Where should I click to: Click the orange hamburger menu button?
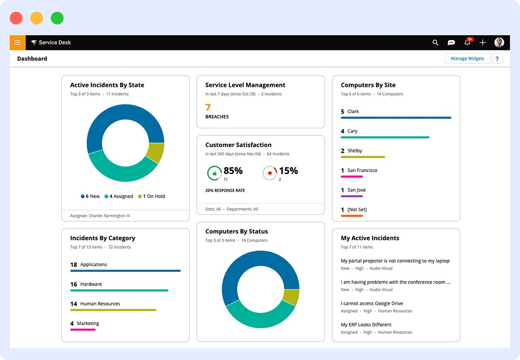point(17,43)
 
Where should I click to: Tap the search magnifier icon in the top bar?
point(435,43)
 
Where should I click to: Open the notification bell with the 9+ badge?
point(467,43)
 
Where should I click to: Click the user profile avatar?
point(499,43)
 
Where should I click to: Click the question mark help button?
point(497,59)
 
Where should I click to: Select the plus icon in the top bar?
point(483,43)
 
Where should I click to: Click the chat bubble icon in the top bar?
point(452,43)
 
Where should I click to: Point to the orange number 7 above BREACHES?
point(208,107)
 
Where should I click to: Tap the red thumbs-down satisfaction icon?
point(270,173)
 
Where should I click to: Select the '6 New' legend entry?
point(90,196)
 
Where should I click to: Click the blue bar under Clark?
point(396,118)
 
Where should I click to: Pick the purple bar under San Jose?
point(352,196)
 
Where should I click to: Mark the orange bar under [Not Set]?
point(352,216)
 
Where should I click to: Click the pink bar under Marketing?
point(83,330)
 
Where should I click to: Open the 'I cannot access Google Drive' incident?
point(372,303)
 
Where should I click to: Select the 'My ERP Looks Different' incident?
point(366,324)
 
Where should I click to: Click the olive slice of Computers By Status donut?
point(291,297)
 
